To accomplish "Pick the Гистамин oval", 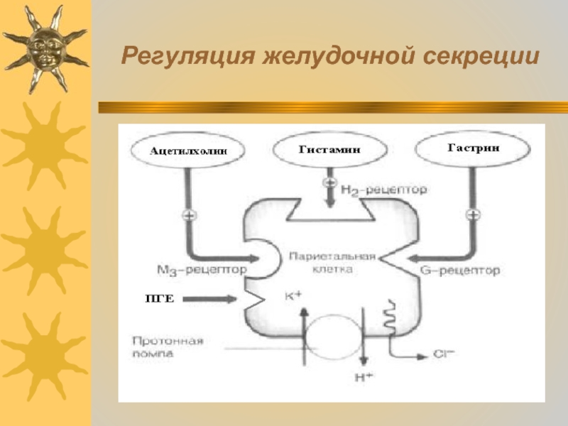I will click(330, 150).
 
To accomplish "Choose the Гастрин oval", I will click(473, 148).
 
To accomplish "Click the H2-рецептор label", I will click(383, 190).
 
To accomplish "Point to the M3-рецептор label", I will click(202, 270).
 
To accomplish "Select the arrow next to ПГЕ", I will click(212, 300).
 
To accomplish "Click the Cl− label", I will click(441, 354).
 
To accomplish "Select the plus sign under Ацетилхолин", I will click(189, 215).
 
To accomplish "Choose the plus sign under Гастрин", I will click(472, 215).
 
